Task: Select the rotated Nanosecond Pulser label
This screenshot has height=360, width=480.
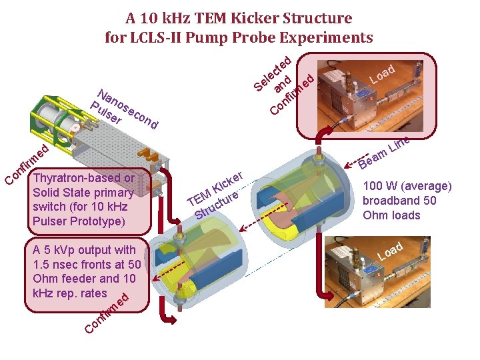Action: point(123,109)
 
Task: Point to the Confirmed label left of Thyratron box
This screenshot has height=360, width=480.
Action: point(27,163)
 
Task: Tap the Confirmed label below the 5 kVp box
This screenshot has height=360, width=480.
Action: point(107,313)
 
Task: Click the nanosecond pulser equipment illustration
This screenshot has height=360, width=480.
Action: point(93,133)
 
